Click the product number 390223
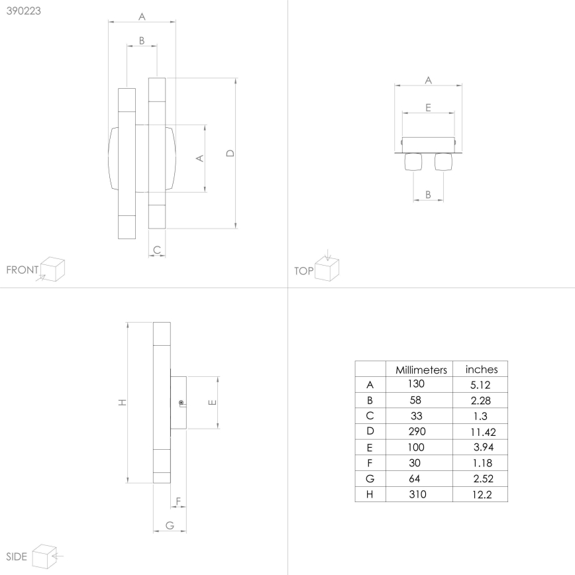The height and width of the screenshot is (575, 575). click(x=24, y=11)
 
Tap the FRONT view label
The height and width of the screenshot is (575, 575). click(x=22, y=270)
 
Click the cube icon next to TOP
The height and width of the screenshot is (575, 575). click(x=327, y=268)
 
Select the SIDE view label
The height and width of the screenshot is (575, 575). click(x=16, y=556)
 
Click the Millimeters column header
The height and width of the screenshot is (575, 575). click(x=421, y=370)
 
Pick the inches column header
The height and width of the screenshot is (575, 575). click(x=482, y=370)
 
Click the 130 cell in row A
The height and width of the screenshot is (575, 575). click(x=417, y=384)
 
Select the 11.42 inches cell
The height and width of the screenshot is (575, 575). click(x=481, y=431)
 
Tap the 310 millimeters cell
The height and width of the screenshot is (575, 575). click(x=417, y=494)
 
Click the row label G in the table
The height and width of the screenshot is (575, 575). click(x=370, y=478)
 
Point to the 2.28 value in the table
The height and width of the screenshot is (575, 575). click(x=481, y=400)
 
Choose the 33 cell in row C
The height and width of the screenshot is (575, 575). click(x=417, y=415)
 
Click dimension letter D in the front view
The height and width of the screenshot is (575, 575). click(x=230, y=153)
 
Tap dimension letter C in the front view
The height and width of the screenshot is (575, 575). click(x=156, y=250)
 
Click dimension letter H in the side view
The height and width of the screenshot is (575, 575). click(x=121, y=403)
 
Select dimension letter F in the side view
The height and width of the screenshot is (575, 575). click(x=178, y=501)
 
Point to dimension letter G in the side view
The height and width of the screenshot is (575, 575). click(x=170, y=525)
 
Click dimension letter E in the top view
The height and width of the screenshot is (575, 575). click(x=428, y=107)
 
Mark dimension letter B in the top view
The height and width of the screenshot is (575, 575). click(x=428, y=194)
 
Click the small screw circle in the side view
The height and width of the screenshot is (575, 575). click(x=181, y=403)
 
